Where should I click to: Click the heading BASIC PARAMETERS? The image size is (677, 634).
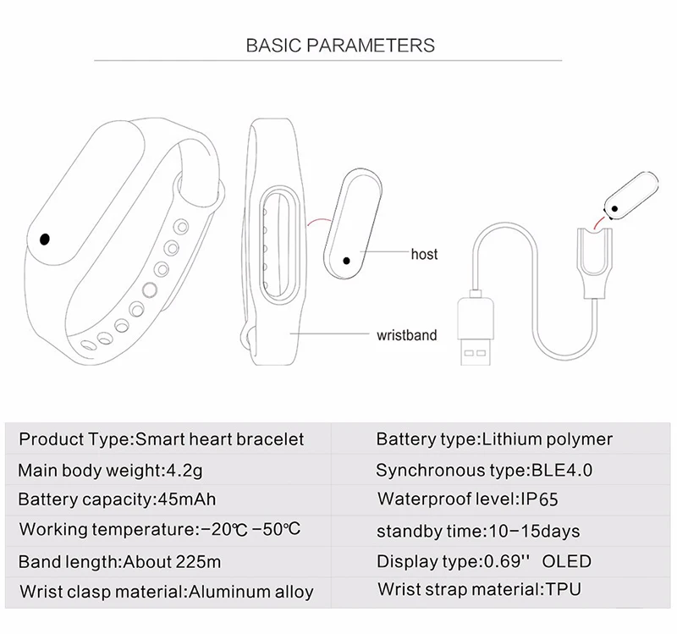(340, 46)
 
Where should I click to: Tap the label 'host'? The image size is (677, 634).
(424, 254)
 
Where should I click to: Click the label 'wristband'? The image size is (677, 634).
(406, 335)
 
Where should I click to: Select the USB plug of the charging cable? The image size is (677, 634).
(476, 330)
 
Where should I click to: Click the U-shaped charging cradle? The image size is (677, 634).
(595, 263)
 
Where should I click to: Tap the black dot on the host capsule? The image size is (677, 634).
(346, 261)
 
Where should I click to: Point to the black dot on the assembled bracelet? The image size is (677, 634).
(45, 239)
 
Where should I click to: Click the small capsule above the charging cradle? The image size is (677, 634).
(630, 196)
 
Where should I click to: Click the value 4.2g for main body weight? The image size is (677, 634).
(184, 470)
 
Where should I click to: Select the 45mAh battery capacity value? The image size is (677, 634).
(187, 499)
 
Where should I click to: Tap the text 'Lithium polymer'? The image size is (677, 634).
(547, 439)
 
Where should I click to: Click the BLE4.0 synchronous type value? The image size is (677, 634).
(562, 470)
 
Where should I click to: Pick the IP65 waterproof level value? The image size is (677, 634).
(539, 499)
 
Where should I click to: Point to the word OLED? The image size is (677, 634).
(566, 561)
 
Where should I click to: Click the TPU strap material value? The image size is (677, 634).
(564, 589)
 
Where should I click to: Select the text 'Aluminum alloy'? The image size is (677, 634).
(250, 592)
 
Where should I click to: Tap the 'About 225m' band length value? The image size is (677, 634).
(172, 562)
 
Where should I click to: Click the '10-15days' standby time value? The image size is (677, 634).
(534, 532)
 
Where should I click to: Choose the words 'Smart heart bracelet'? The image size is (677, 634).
(220, 439)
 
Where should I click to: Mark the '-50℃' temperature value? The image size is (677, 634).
(276, 529)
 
